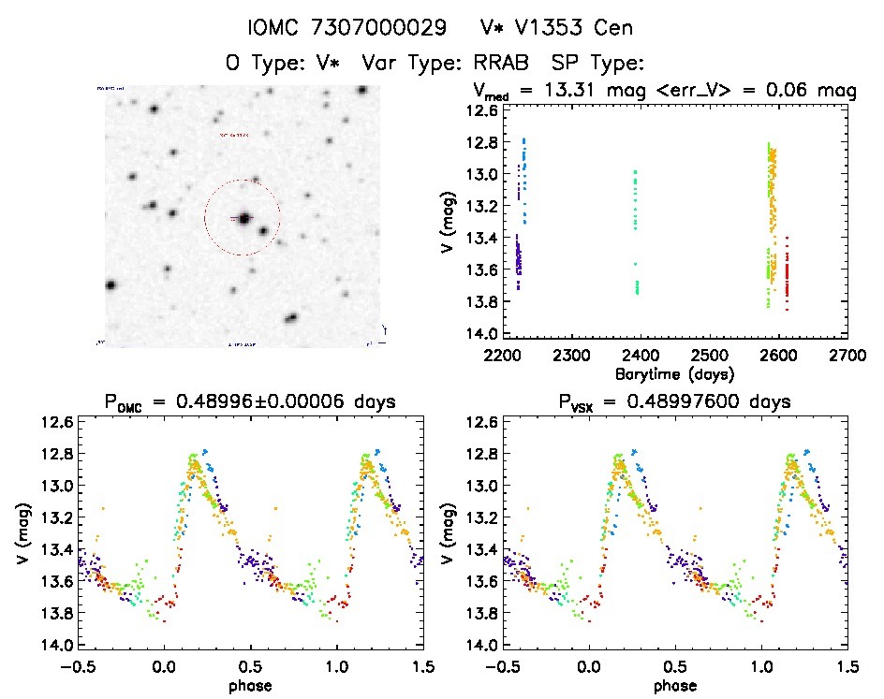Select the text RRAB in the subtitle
pos(501,64)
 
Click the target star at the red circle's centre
pos(243,219)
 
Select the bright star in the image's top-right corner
pos(362,89)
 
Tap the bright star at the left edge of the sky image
pos(110,285)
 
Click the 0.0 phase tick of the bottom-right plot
pos(589,667)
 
